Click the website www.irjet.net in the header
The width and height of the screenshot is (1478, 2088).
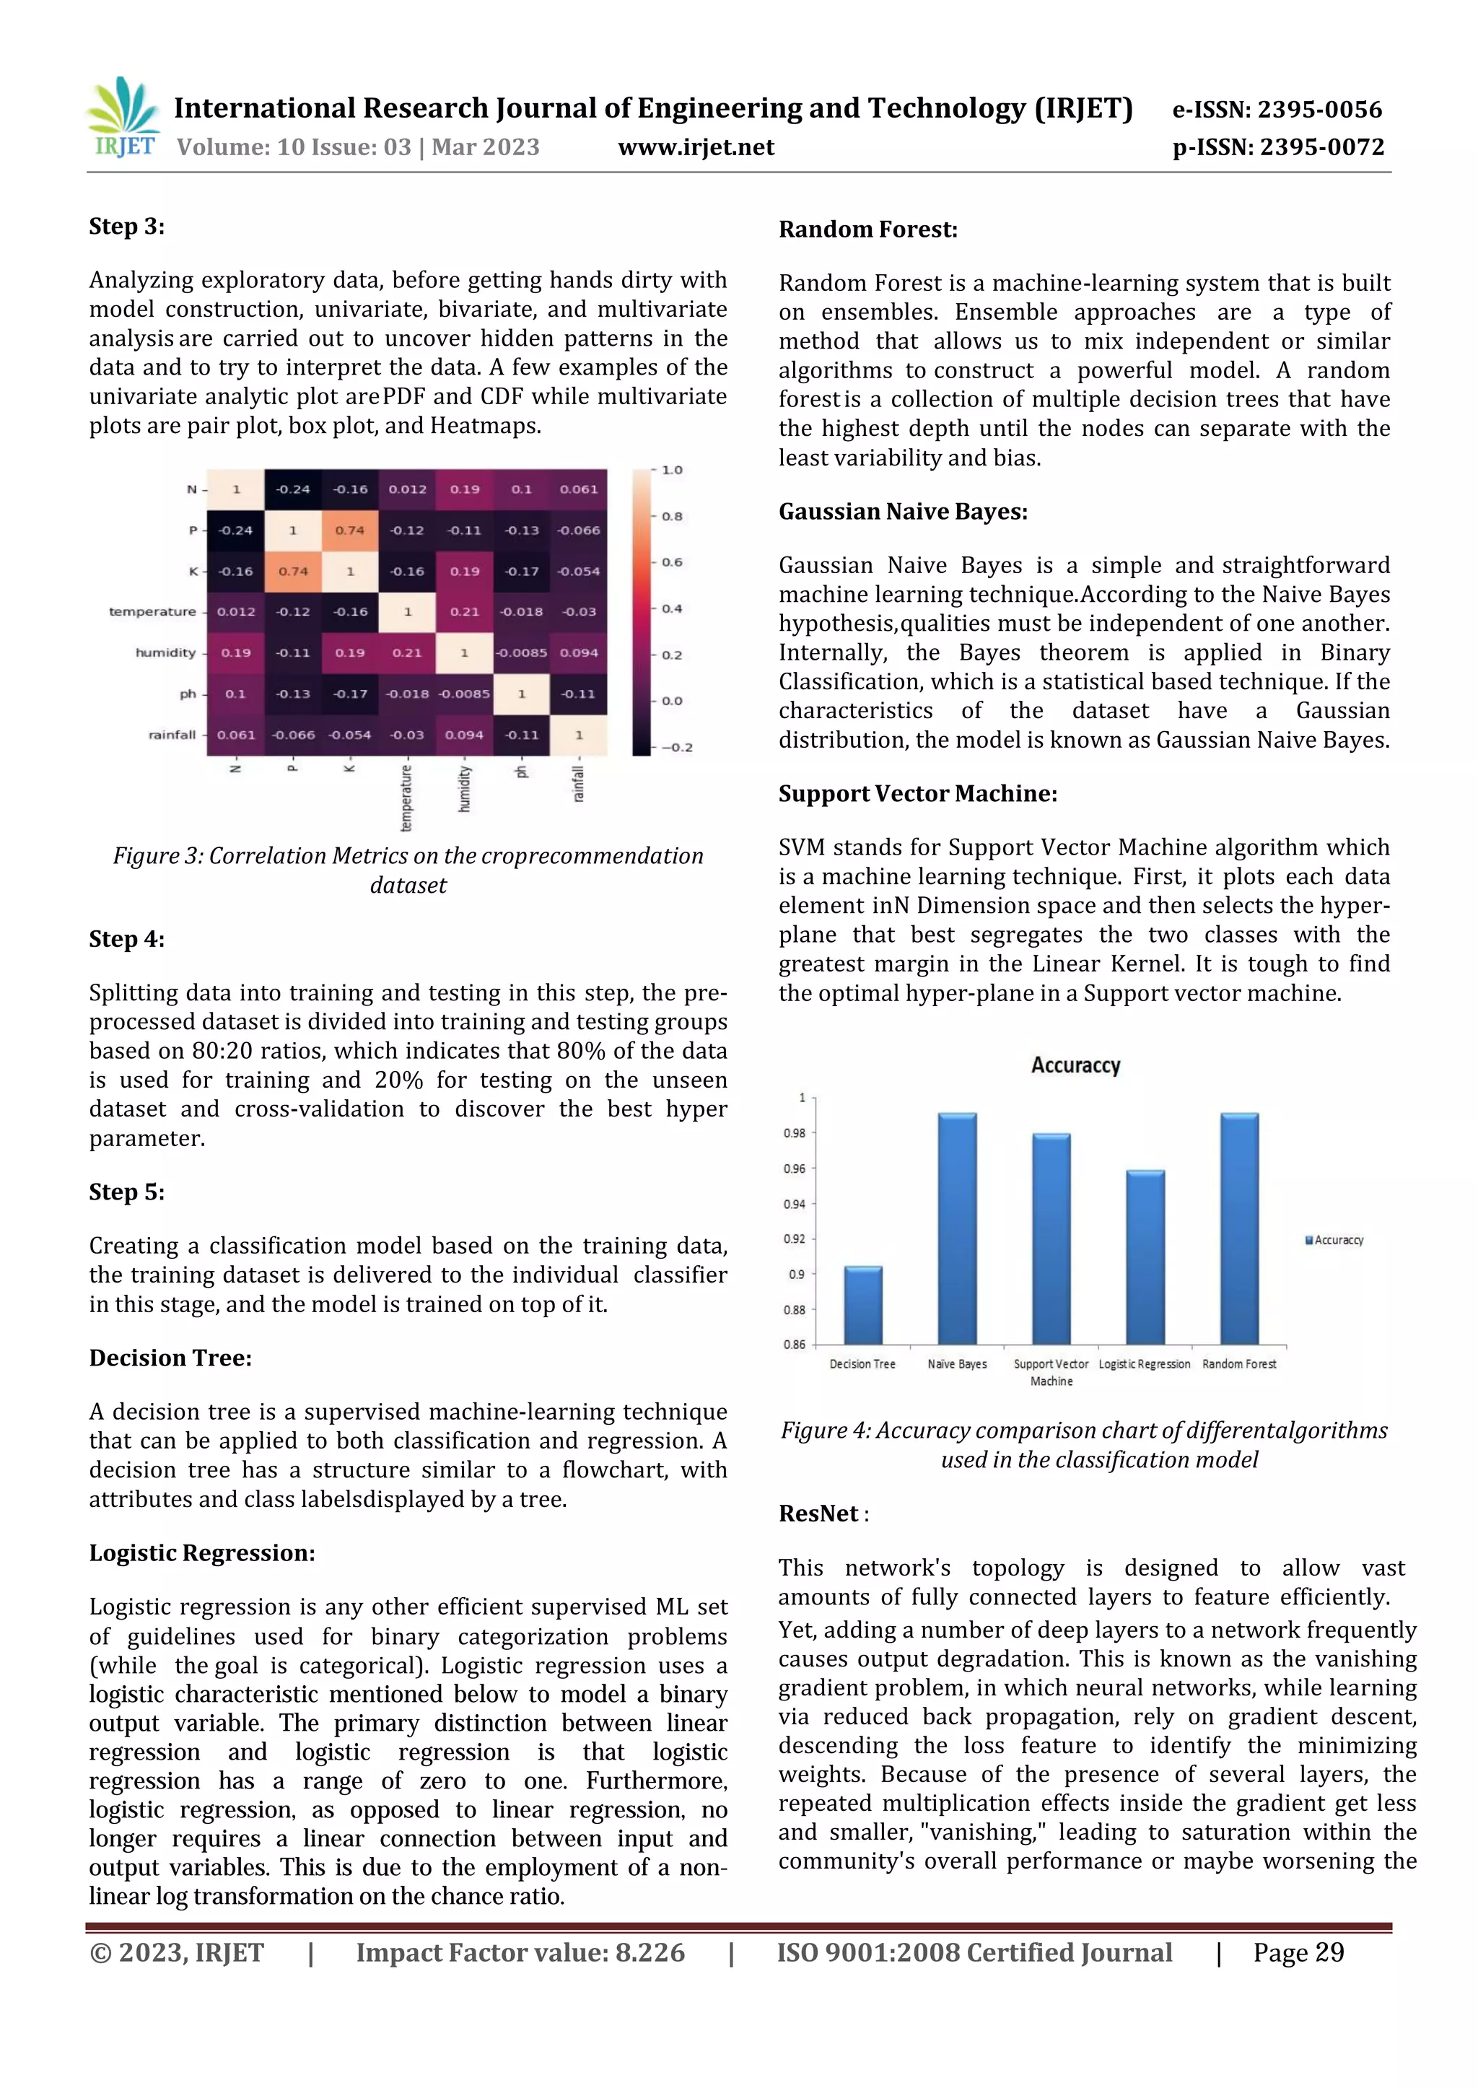tap(695, 147)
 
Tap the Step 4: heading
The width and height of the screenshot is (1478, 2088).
tap(126, 938)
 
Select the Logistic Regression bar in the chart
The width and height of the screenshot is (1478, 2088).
tap(1145, 1257)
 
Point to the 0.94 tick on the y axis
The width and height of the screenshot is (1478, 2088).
tap(794, 1204)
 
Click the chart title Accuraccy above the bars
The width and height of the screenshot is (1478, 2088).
tap(1075, 1065)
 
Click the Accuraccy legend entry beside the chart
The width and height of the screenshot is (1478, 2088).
tap(1334, 1240)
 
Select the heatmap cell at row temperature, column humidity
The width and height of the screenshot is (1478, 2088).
tap(464, 611)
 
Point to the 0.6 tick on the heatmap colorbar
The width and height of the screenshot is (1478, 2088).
tap(672, 562)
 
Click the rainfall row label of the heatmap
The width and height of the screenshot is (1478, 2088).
tap(172, 735)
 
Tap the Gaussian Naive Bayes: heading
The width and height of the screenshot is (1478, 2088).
tap(903, 512)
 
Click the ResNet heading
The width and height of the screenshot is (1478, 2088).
tap(818, 1513)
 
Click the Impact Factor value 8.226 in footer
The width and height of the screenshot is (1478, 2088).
tap(520, 1952)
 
